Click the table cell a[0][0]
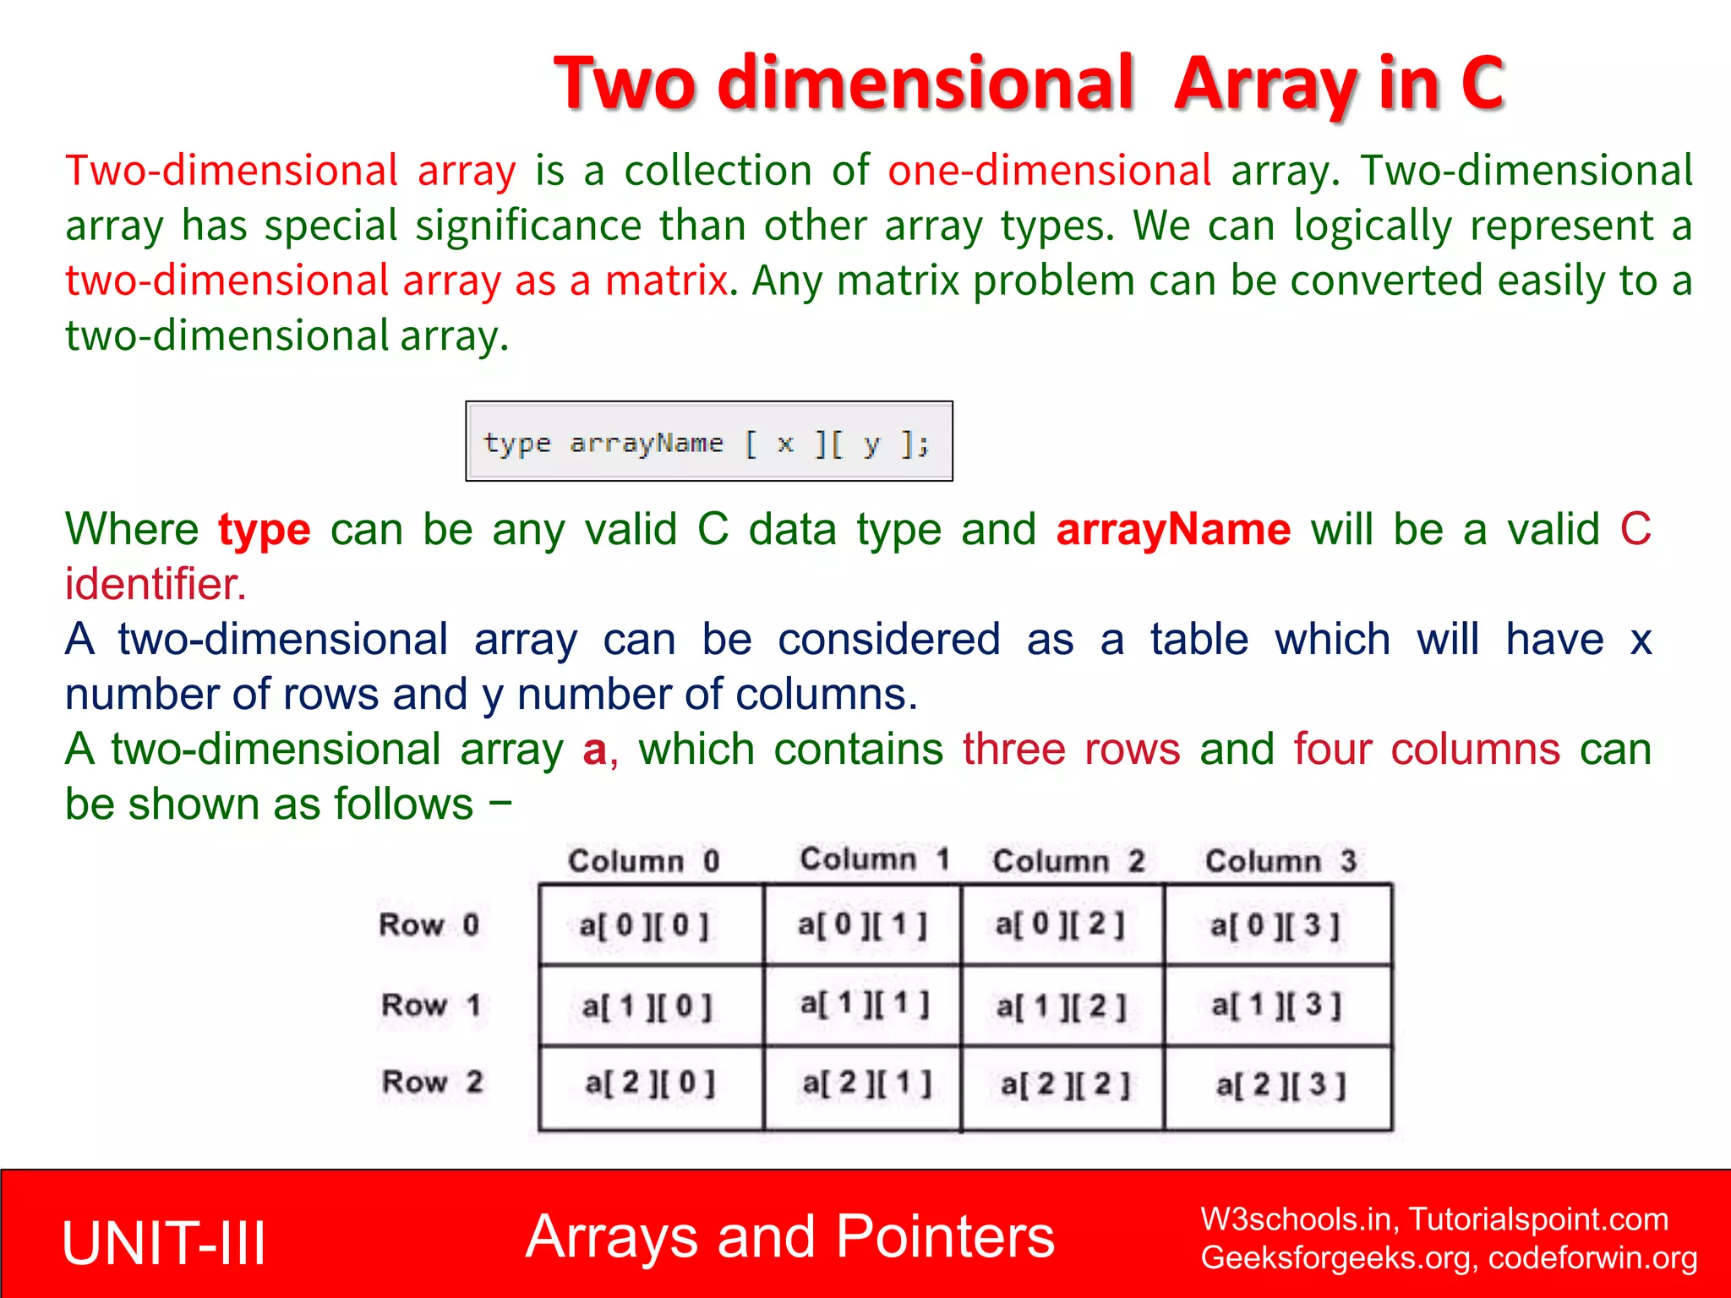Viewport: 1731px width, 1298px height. [x=644, y=925]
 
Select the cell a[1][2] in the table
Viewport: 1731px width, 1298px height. [x=1062, y=1006]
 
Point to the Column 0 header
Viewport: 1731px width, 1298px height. [x=643, y=861]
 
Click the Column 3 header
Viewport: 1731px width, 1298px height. [x=1281, y=861]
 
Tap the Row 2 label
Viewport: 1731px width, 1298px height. [x=432, y=1082]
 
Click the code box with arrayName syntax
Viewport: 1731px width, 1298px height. [x=708, y=441]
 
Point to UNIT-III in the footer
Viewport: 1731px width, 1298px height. [x=164, y=1243]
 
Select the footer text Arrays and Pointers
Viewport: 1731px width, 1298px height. [x=789, y=1236]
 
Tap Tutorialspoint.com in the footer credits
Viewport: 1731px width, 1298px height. [x=1538, y=1219]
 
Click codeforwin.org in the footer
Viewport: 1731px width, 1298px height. [x=1592, y=1257]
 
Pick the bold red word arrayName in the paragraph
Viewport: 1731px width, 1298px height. [x=1173, y=530]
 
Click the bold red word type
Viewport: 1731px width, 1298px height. [x=265, y=530]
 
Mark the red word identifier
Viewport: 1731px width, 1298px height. [x=156, y=584]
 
